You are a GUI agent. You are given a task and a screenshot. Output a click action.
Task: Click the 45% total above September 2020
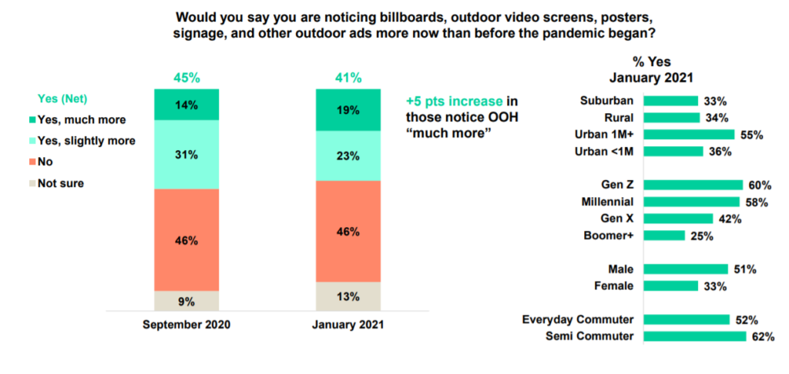tap(186, 78)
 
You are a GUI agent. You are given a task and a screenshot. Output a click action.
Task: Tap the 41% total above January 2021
tap(348, 78)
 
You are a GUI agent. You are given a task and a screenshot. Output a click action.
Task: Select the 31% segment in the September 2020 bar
tap(186, 155)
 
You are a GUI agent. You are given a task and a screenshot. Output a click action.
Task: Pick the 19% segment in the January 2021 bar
tap(348, 110)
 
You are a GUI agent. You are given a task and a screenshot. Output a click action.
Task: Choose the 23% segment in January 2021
tap(348, 155)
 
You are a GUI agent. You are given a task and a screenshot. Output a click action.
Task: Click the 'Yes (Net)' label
tap(63, 99)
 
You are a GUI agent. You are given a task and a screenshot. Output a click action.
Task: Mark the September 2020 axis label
tap(186, 325)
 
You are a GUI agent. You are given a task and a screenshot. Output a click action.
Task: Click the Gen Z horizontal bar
tap(693, 185)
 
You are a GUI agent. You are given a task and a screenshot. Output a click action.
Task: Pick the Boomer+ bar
tap(663, 235)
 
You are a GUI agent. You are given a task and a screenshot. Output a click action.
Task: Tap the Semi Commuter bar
tap(694, 336)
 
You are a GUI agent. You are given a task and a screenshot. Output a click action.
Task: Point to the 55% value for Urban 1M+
tap(750, 135)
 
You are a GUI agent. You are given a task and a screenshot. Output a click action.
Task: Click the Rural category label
tap(620, 118)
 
